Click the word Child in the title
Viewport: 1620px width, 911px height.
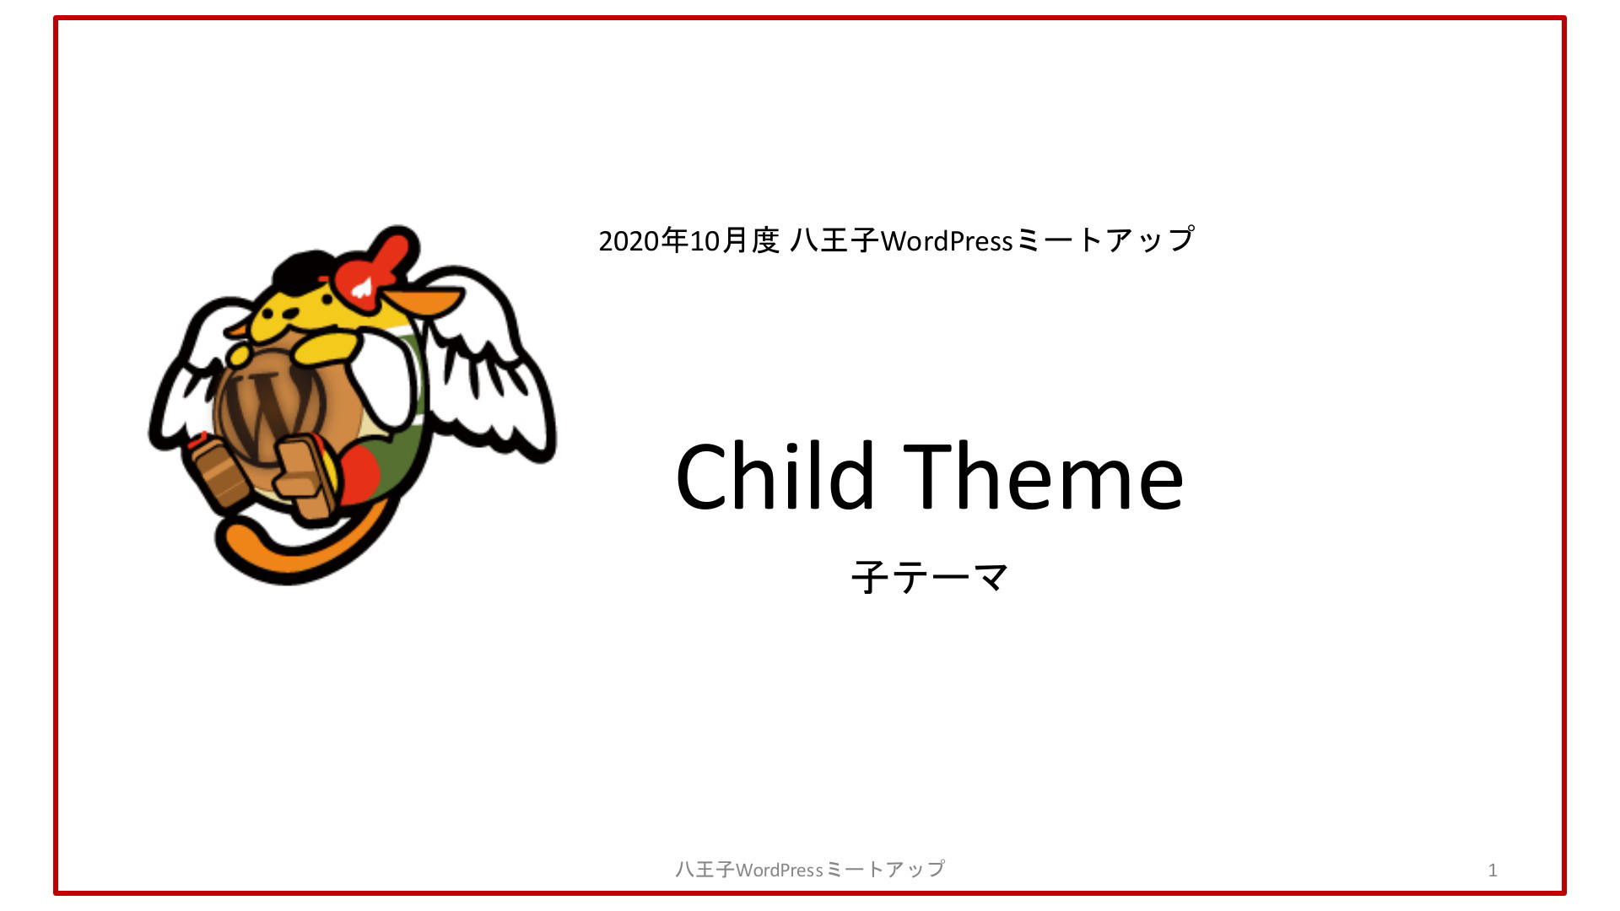tap(775, 477)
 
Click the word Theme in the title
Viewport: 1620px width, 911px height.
tap(1043, 477)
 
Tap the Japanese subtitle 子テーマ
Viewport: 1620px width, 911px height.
tap(930, 578)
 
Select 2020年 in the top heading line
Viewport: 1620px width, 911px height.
tap(643, 240)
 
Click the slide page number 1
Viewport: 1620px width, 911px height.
tap(1493, 870)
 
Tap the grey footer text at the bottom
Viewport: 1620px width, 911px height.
tap(810, 869)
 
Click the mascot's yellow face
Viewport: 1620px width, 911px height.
tap(291, 316)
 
